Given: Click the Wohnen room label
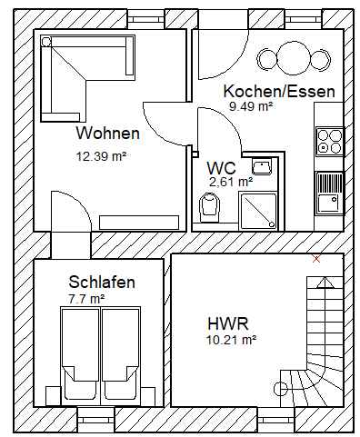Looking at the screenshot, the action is click(107, 133).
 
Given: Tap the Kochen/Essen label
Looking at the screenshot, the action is click(279, 91).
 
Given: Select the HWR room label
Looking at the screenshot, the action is click(228, 323).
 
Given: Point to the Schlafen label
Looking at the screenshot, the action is click(102, 282).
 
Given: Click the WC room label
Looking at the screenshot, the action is click(221, 167).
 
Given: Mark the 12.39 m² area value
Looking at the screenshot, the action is click(101, 156).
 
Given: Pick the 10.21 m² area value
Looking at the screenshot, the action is click(231, 340).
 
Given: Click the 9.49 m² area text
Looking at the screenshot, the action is click(251, 106).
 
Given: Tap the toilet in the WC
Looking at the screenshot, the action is click(209, 207).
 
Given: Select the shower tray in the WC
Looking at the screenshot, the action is click(258, 211).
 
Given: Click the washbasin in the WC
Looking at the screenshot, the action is click(262, 167).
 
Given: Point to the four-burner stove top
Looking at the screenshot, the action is click(329, 142).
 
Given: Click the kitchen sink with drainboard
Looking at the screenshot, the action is click(329, 193).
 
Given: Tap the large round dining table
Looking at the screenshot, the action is click(293, 58).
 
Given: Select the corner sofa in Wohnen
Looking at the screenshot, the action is click(87, 78).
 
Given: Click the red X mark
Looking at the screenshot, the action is click(316, 259).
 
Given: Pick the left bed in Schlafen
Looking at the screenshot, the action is click(80, 356).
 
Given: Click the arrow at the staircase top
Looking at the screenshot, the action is click(325, 283).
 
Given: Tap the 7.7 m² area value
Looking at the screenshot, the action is click(87, 299).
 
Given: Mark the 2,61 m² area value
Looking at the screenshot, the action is click(231, 182).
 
